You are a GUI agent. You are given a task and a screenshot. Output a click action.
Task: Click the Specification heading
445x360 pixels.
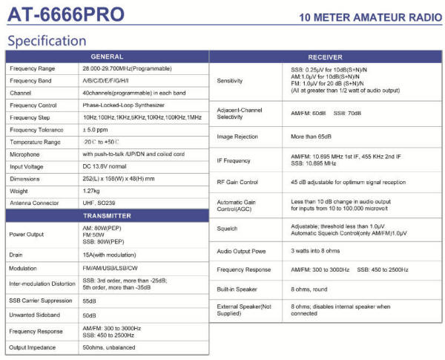point(46,40)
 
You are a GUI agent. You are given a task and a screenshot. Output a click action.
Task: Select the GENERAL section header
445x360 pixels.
point(107,56)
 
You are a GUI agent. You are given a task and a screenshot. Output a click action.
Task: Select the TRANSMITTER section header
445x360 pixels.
point(107,215)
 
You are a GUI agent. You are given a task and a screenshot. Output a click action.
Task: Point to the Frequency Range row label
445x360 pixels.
point(33,68)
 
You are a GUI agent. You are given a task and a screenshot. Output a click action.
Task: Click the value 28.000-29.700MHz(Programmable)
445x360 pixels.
point(130,68)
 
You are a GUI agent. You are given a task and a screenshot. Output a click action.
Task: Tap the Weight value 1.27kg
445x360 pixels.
point(93,190)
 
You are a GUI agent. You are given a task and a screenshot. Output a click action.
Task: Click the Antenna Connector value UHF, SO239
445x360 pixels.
point(101,203)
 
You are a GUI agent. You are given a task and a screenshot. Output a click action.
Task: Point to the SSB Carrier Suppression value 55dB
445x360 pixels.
point(90,301)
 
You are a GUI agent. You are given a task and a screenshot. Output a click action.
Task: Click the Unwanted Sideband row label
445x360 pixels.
point(36,315)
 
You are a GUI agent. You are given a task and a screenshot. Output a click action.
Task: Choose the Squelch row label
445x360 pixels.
point(228,229)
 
